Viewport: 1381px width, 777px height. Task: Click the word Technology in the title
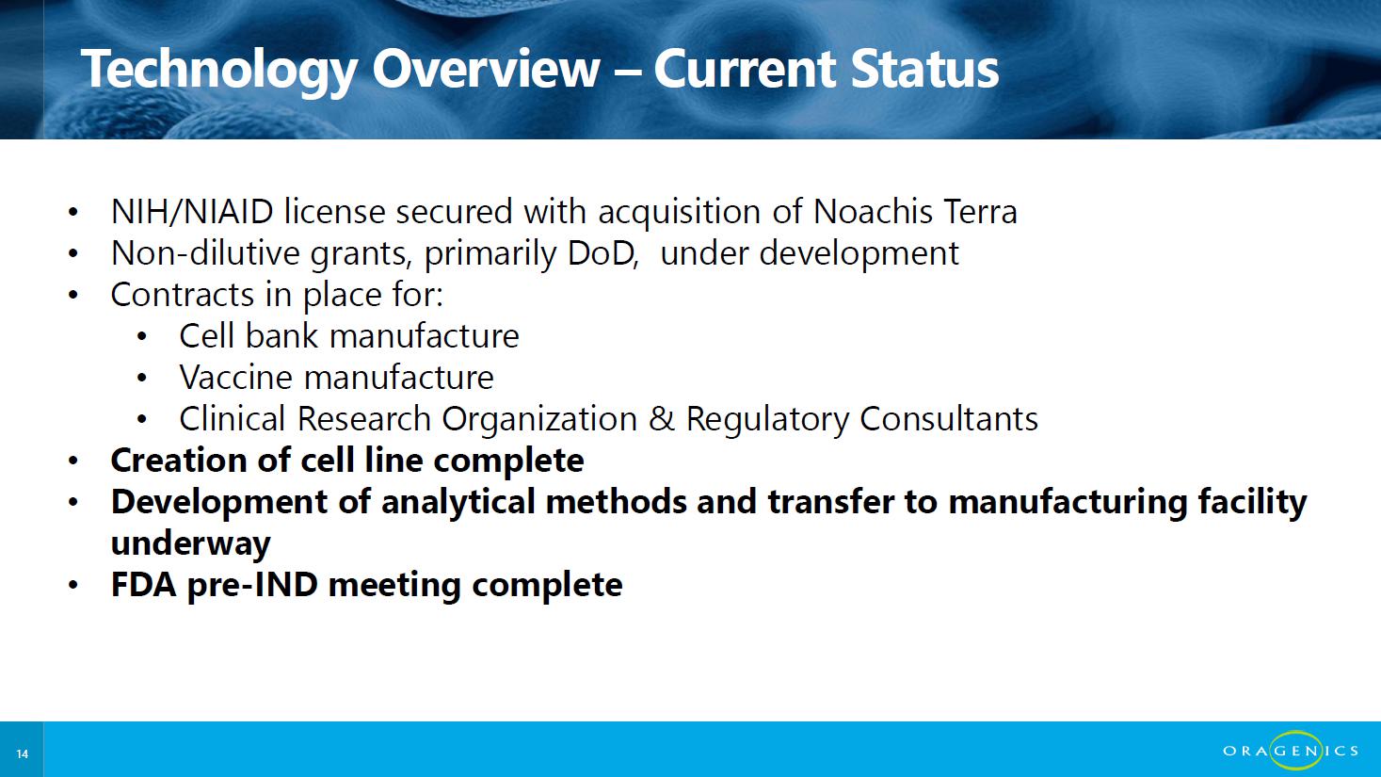pos(218,71)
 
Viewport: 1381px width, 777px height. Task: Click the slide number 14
pos(23,753)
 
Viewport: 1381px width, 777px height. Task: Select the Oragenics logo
pos(1291,751)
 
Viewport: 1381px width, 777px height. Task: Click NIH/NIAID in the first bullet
pos(192,212)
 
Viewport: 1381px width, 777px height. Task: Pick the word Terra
pos(980,212)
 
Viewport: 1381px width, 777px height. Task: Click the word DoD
pos(602,253)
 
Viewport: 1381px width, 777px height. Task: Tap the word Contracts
pos(183,295)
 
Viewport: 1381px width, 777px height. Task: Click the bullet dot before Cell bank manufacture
pos(142,337)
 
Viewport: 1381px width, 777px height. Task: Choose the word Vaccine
pos(235,378)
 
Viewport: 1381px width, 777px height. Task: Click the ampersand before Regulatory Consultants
pos(662,419)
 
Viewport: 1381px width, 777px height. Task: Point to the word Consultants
pos(949,419)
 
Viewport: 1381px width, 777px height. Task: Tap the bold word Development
pos(219,502)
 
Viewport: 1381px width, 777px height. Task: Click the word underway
pos(190,544)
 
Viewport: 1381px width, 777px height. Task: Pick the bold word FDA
pos(144,585)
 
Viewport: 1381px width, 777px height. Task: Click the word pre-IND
pos(252,586)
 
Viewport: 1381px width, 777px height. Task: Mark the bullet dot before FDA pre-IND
pos(73,585)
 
